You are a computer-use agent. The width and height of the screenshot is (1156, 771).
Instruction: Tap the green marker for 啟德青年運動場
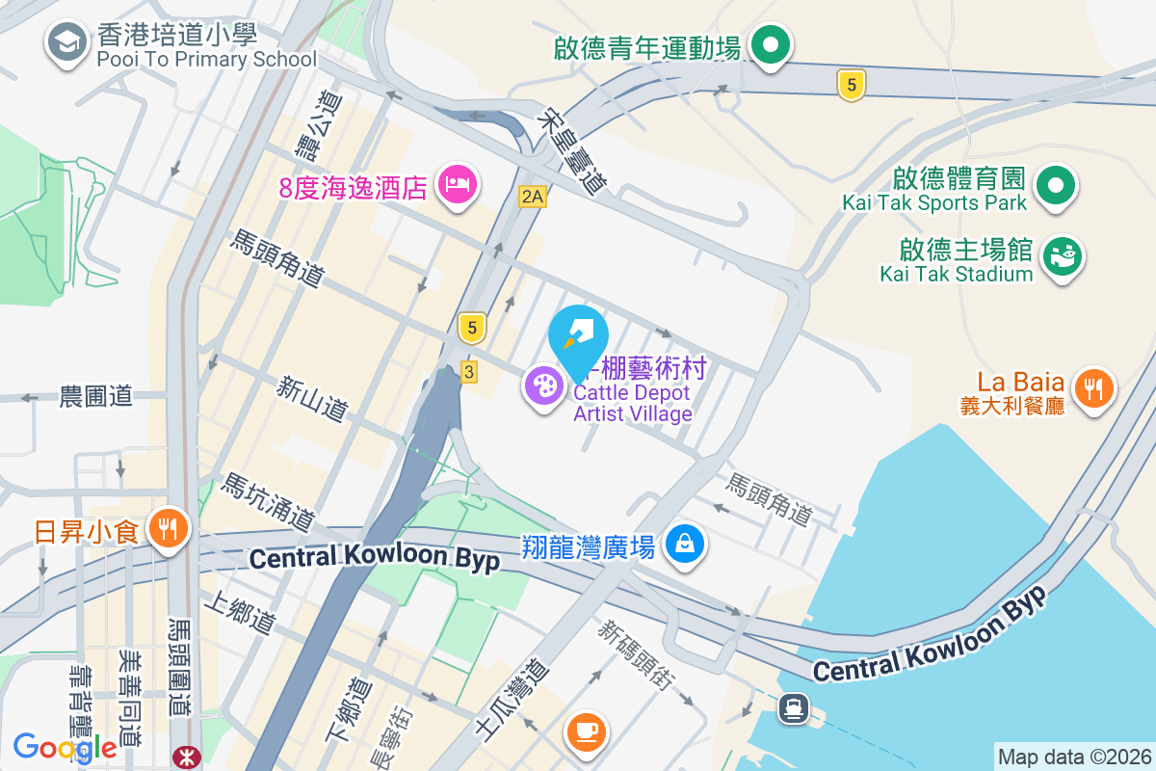click(x=771, y=44)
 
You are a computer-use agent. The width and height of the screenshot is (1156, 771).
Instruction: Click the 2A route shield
click(x=533, y=197)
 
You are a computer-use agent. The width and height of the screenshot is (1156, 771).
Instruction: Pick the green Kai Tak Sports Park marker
click(x=1056, y=184)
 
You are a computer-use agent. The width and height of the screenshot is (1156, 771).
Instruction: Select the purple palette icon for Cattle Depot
click(x=544, y=386)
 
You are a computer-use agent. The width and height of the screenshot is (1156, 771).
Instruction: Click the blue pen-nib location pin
click(x=578, y=335)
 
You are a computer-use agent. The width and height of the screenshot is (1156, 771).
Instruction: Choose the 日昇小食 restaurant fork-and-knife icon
click(x=170, y=528)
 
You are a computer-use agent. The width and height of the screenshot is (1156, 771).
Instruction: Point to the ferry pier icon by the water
click(x=793, y=708)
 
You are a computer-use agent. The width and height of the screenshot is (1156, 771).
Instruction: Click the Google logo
click(x=65, y=747)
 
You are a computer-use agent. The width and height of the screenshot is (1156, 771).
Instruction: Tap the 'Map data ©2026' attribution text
click(x=1073, y=758)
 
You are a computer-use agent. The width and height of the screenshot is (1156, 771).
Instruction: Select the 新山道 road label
click(x=311, y=398)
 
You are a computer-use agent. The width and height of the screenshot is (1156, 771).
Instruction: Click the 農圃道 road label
click(x=95, y=396)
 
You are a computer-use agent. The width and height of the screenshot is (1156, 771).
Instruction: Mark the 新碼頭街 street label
click(x=635, y=656)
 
